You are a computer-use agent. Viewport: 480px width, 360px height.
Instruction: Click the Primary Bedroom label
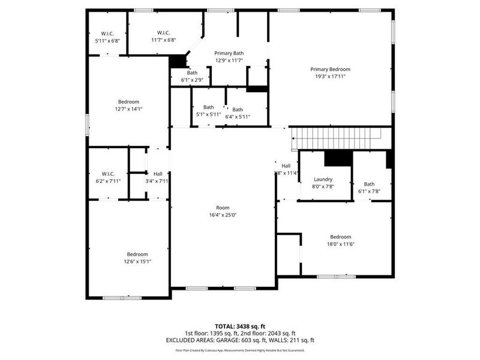point(330,69)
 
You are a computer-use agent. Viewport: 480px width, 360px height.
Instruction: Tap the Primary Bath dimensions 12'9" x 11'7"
point(229,61)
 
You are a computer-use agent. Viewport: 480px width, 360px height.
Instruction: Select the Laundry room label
point(323,179)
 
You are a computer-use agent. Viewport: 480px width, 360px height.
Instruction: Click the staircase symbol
point(336,139)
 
